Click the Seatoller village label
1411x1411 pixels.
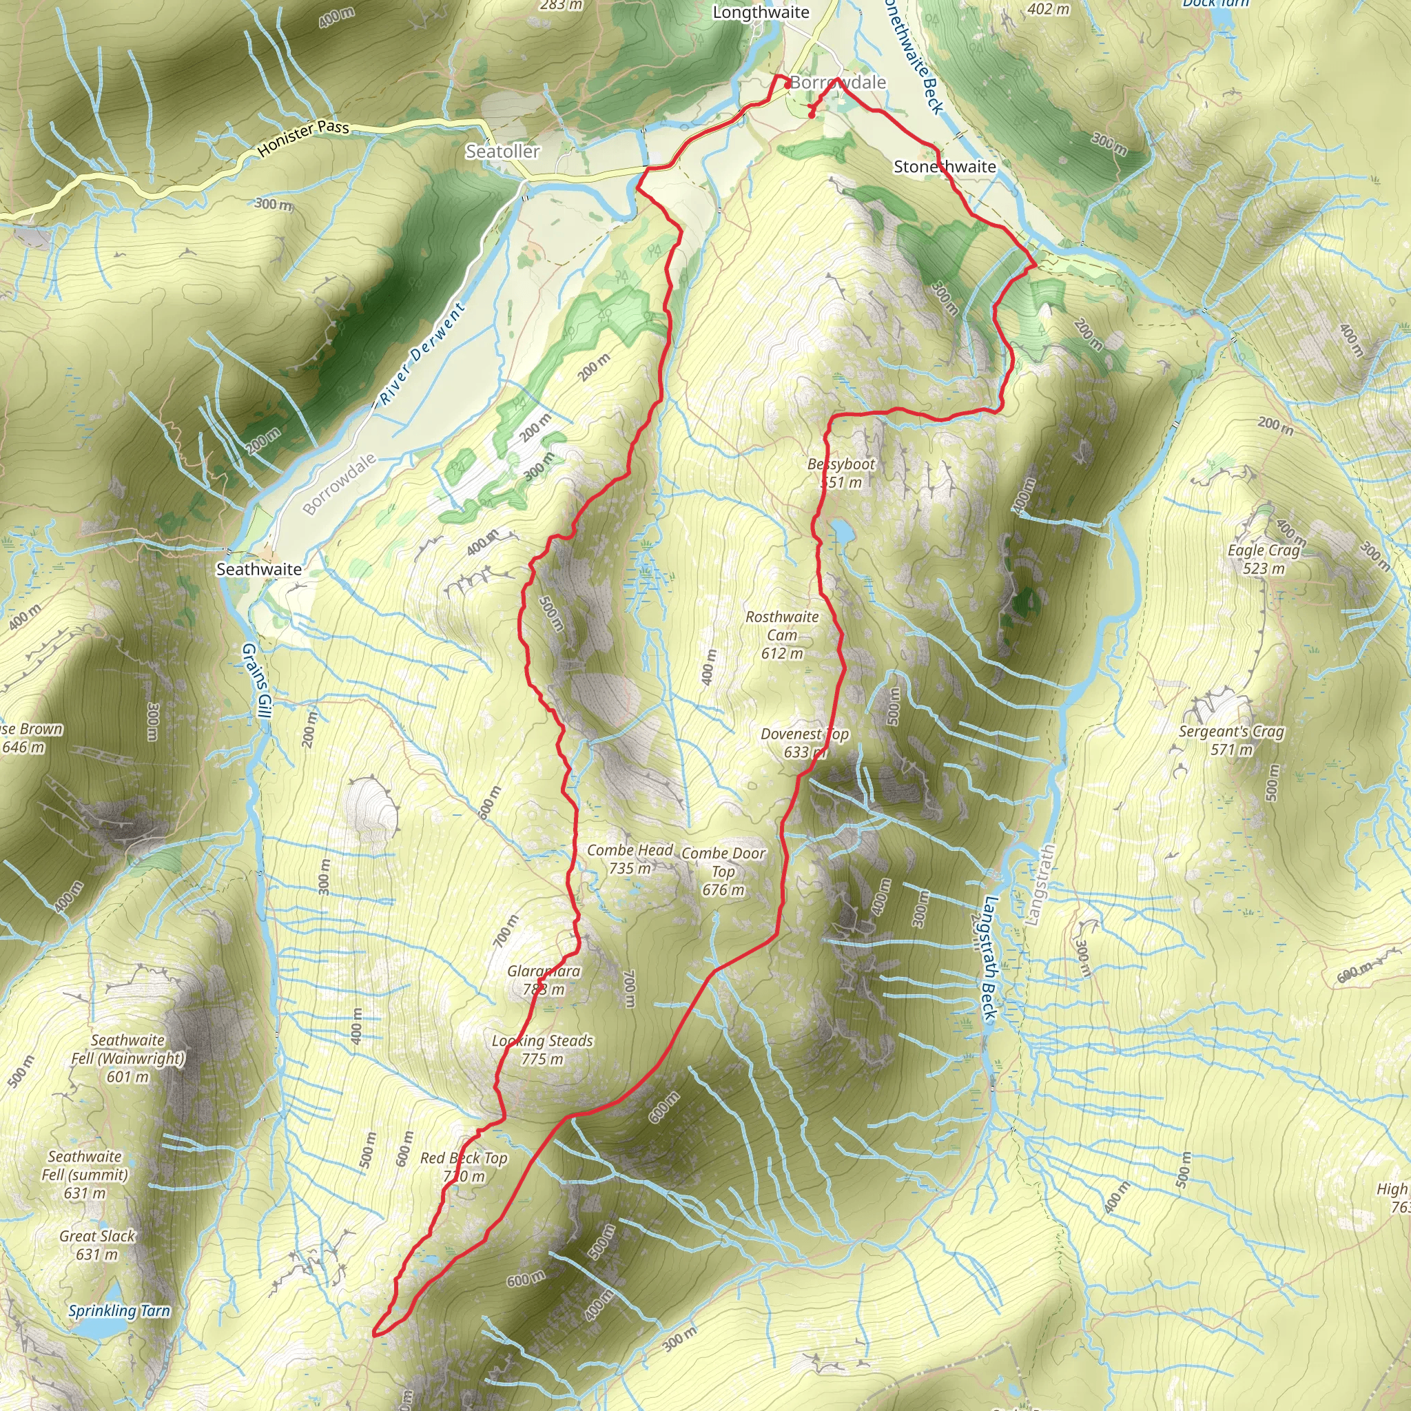pos(502,151)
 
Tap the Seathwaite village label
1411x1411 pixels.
pos(258,569)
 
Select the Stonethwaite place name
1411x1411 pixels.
pos(945,167)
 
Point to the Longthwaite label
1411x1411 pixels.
pos(761,12)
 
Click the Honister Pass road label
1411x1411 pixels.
pos(304,138)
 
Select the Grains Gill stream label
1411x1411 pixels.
pos(256,680)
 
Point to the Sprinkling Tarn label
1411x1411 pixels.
pos(119,1310)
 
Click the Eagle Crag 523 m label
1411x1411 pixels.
pos(1264,559)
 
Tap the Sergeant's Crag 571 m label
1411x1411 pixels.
pos(1231,740)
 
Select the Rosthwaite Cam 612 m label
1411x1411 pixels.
pos(782,635)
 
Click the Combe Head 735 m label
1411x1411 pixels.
pos(630,859)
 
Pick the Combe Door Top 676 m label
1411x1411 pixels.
pos(723,872)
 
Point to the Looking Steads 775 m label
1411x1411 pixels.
pos(542,1049)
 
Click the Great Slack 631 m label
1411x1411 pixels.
pos(98,1244)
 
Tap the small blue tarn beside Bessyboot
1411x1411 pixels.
pos(841,531)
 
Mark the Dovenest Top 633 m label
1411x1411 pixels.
pos(804,743)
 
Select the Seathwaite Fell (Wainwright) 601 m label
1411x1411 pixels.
pos(128,1058)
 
